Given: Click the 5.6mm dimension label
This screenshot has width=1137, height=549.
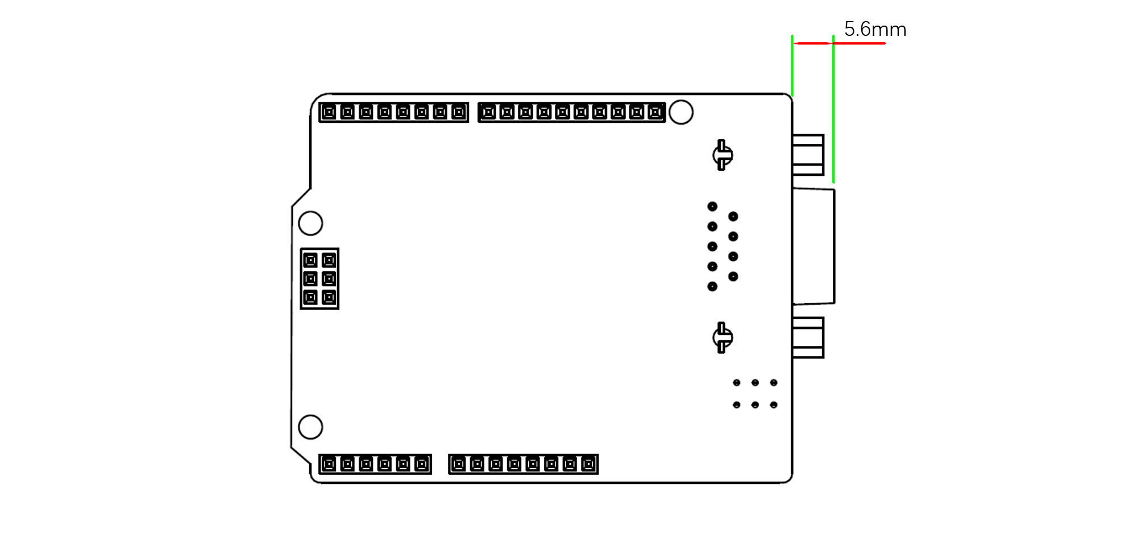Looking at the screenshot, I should click(875, 29).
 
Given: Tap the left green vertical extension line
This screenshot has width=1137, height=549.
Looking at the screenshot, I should click(792, 65).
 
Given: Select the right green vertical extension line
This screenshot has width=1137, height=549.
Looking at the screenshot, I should click(833, 108).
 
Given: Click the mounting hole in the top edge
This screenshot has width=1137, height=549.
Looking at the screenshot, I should click(681, 112).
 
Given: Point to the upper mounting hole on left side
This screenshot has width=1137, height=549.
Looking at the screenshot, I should click(310, 223).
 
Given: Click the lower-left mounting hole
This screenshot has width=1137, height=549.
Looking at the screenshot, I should click(310, 427).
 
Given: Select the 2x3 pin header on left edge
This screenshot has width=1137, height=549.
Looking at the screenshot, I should click(319, 279).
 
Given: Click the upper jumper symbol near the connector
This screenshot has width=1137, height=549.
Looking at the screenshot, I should click(722, 155).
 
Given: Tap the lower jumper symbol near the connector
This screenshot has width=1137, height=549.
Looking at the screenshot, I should click(722, 337).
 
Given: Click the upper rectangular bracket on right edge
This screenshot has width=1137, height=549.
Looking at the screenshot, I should click(808, 155).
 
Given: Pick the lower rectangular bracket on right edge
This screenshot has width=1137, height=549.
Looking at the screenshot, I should click(808, 337).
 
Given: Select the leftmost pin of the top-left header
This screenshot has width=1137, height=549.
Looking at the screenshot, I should click(329, 112).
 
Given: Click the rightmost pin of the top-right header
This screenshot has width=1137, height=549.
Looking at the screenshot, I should click(655, 112).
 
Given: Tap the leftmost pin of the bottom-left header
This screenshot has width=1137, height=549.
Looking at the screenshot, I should click(329, 464).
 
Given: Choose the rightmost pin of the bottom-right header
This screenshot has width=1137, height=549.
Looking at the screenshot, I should click(588, 464).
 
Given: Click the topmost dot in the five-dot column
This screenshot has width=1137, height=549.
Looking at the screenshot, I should click(712, 207).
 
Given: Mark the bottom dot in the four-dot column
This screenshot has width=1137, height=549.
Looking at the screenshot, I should click(733, 276).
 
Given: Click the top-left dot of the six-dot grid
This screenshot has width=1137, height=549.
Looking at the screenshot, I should click(737, 383).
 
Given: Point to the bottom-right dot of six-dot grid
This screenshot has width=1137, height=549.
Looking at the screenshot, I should click(774, 405).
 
